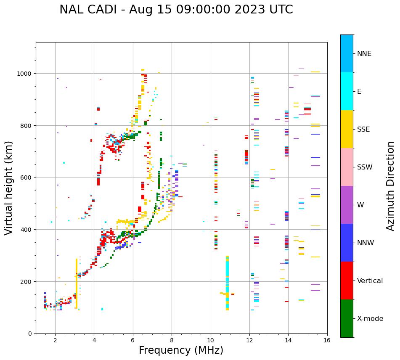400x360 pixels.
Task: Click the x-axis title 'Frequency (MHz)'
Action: tap(181, 350)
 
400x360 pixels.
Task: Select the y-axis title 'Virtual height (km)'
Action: tap(9, 188)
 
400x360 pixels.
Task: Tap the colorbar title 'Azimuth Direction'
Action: tap(391, 186)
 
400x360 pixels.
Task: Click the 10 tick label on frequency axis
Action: tap(210, 341)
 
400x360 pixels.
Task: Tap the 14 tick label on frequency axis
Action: tap(288, 341)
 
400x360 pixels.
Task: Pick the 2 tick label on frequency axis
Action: tap(55, 341)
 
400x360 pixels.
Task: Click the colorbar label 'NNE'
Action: tap(364, 53)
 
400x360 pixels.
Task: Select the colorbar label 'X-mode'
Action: tap(370, 318)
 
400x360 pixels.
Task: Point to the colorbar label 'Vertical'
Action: tap(370, 281)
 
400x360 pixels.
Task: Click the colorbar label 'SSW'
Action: tap(365, 167)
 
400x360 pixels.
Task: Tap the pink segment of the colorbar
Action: tap(347, 167)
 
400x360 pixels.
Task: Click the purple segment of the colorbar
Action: tap(347, 205)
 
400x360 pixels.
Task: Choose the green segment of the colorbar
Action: tap(347, 318)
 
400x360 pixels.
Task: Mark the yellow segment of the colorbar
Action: tap(347, 129)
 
